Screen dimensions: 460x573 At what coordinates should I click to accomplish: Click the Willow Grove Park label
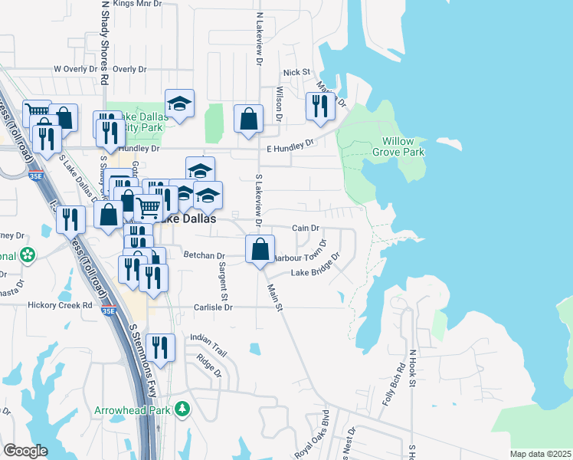(403, 146)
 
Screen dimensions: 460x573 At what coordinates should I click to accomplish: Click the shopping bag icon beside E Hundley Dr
(248, 119)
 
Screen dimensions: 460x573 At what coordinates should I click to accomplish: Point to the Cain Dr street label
(305, 228)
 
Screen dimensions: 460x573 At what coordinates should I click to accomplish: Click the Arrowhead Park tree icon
(182, 409)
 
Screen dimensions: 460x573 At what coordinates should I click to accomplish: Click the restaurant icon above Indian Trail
(159, 347)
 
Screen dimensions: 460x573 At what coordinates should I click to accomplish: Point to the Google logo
(25, 451)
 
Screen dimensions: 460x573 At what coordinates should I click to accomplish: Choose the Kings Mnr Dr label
(138, 4)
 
